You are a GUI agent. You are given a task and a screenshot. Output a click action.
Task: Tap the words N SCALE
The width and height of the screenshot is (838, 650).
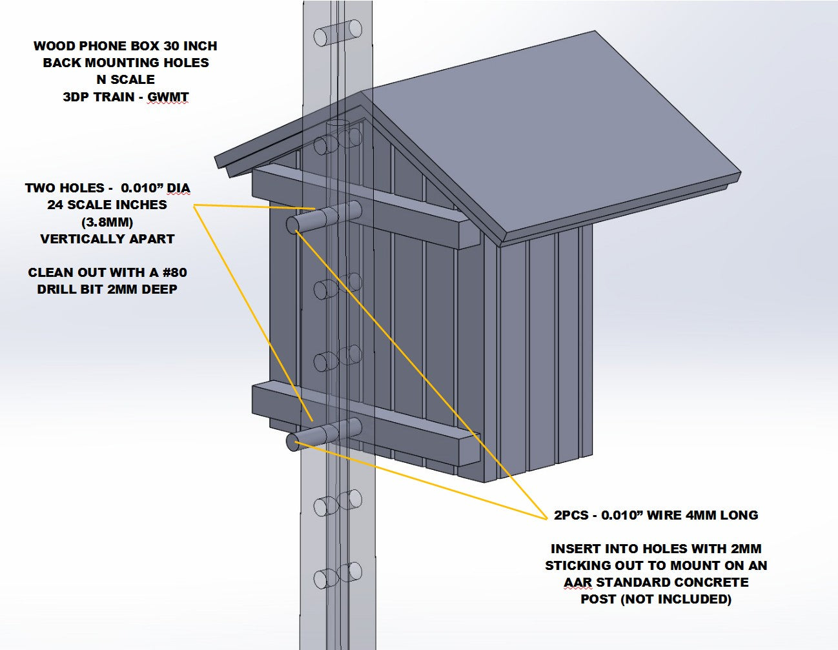(x=125, y=79)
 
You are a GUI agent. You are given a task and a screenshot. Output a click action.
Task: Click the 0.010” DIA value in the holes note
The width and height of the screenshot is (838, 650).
(x=156, y=188)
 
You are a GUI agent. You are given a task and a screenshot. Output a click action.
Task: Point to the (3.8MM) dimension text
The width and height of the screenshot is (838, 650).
(x=107, y=222)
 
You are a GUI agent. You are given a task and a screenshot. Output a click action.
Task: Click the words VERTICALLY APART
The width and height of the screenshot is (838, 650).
(x=107, y=239)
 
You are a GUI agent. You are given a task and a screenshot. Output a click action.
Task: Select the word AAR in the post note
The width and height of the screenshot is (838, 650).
(x=577, y=582)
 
